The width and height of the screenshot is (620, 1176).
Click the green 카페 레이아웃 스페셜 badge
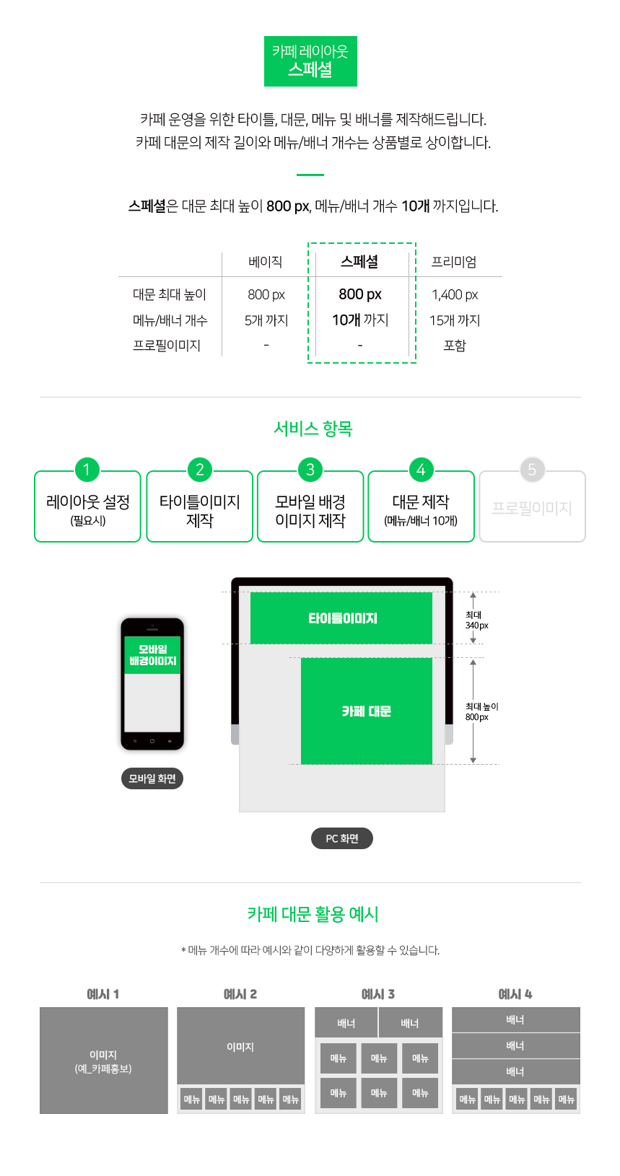[310, 61]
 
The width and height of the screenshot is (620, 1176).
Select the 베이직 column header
[266, 262]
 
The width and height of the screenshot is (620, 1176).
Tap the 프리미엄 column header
[454, 262]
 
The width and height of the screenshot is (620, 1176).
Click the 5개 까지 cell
[266, 320]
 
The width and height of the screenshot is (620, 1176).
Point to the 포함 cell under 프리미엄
[455, 346]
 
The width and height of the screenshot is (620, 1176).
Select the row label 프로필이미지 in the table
[167, 346]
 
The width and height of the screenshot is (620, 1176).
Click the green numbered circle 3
[310, 470]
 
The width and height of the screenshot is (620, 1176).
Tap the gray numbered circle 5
[532, 470]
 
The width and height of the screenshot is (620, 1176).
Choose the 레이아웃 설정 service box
[88, 506]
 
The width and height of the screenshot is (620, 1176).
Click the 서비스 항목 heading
[313, 429]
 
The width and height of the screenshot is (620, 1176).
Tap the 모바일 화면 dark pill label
[152, 778]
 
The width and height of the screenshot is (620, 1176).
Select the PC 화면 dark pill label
[342, 838]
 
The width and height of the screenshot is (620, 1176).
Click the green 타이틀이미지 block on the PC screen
[341, 618]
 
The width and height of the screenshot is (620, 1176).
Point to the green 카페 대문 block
[367, 711]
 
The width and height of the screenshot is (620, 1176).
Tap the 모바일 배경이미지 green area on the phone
[152, 654]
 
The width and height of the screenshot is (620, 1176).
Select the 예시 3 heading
[377, 993]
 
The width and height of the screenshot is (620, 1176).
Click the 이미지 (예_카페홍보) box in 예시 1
[104, 1060]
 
